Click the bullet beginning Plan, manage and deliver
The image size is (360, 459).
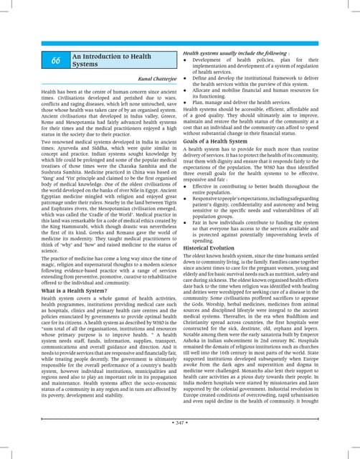(244, 103)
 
